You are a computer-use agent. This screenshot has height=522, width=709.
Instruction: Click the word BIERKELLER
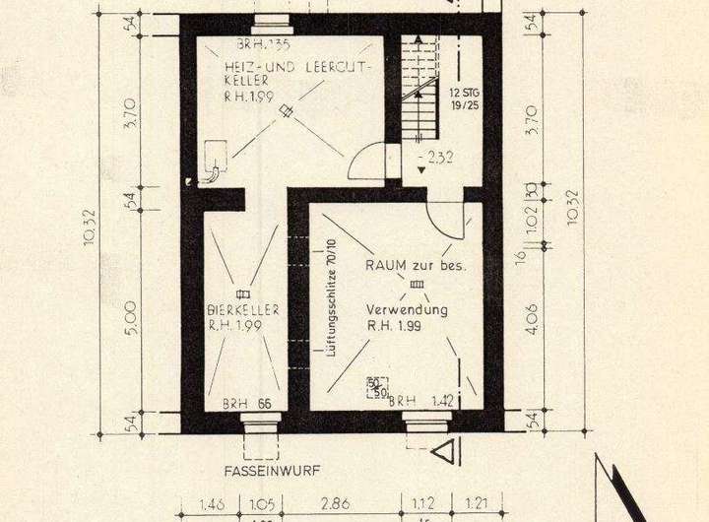(243, 310)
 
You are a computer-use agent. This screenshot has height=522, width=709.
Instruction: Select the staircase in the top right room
(419, 94)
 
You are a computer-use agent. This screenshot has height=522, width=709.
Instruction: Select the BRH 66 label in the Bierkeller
(246, 403)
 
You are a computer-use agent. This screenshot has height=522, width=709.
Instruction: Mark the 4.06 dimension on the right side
(533, 319)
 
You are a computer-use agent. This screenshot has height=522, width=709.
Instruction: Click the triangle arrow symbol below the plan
(445, 451)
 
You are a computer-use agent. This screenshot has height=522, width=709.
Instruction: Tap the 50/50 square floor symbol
(376, 387)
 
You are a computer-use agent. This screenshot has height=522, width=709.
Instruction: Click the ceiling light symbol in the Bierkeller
(243, 294)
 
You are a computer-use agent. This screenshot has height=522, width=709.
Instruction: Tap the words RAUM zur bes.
(415, 266)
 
